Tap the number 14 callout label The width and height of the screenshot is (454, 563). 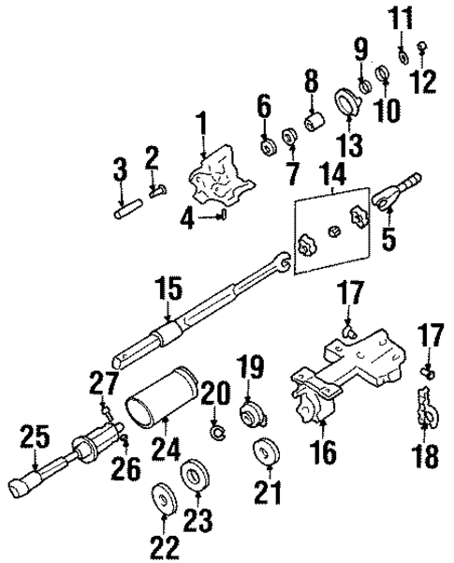click(x=331, y=174)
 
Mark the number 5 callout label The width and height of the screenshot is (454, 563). click(x=387, y=238)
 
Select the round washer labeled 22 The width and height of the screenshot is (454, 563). click(x=166, y=496)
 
